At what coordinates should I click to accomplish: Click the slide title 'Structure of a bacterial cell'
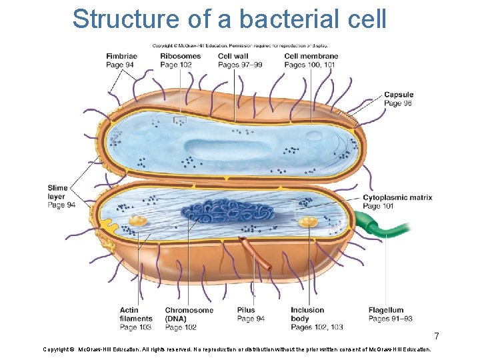(x=229, y=19)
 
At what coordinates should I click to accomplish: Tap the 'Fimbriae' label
(x=121, y=56)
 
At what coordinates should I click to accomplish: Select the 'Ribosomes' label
(x=180, y=56)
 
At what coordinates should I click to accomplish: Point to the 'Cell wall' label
(x=233, y=56)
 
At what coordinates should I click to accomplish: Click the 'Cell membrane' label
(x=311, y=56)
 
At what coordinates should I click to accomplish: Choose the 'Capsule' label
(x=398, y=95)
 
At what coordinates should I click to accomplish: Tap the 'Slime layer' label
(x=57, y=192)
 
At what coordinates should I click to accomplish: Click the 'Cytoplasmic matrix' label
(x=397, y=197)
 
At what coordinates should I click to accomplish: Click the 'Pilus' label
(x=246, y=310)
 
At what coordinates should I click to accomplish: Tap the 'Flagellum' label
(x=386, y=310)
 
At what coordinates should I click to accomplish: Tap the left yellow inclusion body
(x=138, y=220)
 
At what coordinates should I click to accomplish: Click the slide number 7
(x=437, y=335)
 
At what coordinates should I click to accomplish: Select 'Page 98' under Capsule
(x=398, y=103)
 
